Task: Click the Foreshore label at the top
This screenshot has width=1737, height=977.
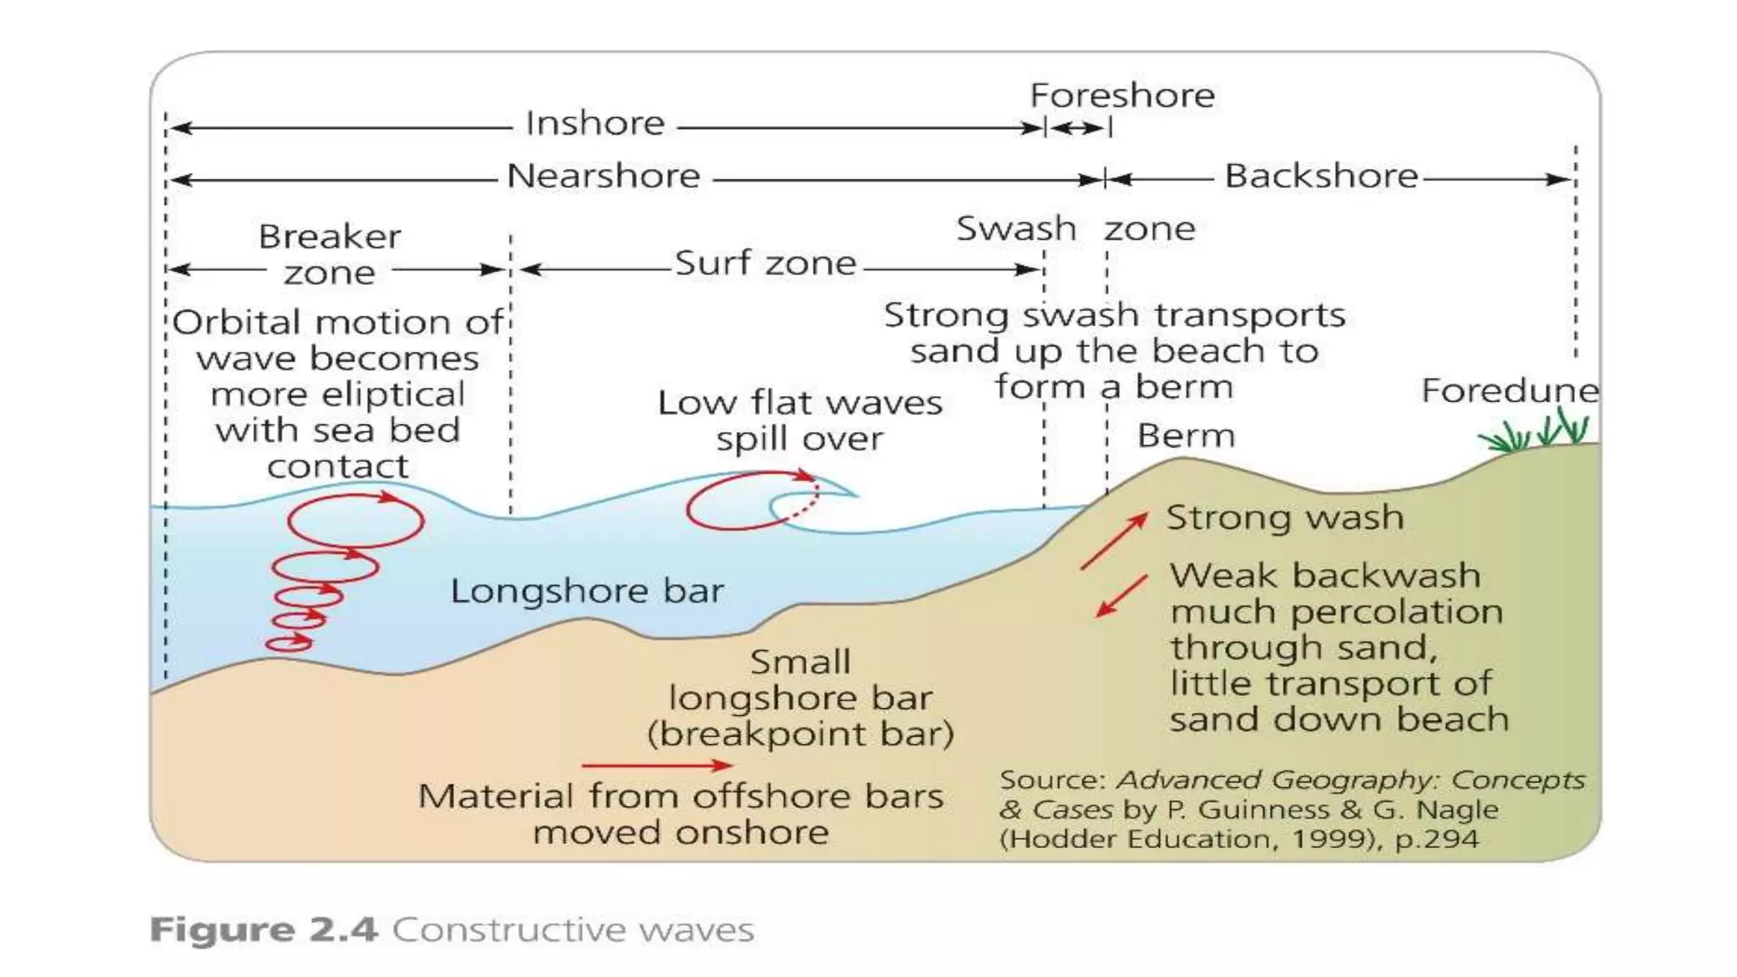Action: tap(1121, 95)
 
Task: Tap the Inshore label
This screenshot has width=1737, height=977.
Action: tap(595, 124)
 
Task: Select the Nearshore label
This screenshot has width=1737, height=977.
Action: tap(603, 176)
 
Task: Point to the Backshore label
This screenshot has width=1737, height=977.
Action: tap(1321, 176)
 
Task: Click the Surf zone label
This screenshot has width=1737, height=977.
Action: tap(765, 263)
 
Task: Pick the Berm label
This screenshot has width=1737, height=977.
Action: tap(1186, 436)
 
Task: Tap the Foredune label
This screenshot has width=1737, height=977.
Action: tap(1509, 391)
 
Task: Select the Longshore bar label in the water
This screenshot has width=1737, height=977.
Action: tap(587, 591)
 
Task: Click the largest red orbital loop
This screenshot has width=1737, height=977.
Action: tap(355, 520)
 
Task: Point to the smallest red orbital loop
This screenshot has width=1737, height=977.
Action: tap(289, 644)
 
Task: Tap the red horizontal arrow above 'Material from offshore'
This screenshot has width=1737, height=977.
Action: tap(656, 765)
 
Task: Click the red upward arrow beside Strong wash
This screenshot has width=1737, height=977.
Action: tap(1114, 540)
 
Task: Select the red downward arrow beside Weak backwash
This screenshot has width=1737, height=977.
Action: tap(1121, 595)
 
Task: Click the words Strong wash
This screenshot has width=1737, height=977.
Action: tap(1284, 517)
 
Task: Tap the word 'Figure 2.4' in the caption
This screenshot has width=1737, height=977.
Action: tap(263, 930)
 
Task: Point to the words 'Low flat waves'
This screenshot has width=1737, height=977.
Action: tap(799, 403)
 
